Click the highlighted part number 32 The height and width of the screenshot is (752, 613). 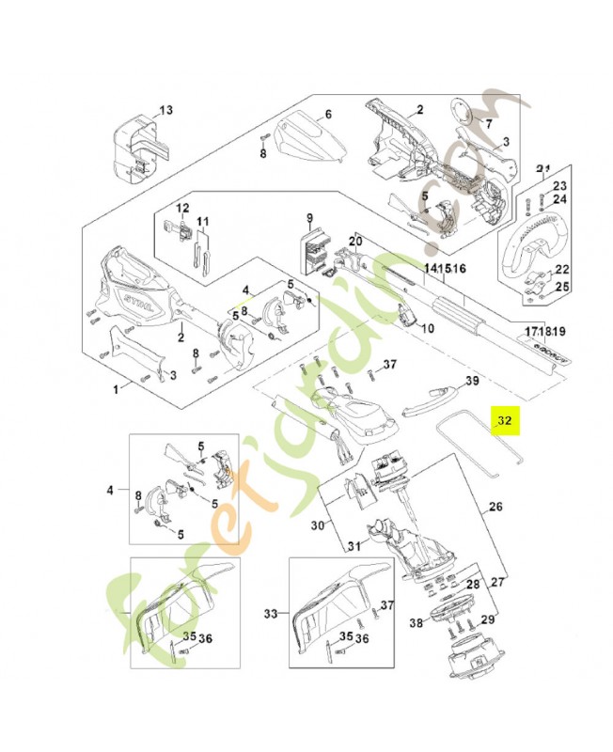[506, 421]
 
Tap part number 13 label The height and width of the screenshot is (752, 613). [165, 111]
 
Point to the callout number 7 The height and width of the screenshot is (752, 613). [488, 123]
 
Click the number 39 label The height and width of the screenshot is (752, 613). [473, 381]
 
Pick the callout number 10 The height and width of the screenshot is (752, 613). [428, 329]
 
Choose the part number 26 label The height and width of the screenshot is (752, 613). [495, 508]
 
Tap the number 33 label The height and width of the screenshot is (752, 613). [272, 614]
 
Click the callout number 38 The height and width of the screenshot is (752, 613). [415, 622]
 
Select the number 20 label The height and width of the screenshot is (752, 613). [355, 242]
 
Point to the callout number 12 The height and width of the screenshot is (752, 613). [182, 208]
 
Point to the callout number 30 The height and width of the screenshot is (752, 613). [317, 525]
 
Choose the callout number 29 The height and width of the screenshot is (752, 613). [486, 619]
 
